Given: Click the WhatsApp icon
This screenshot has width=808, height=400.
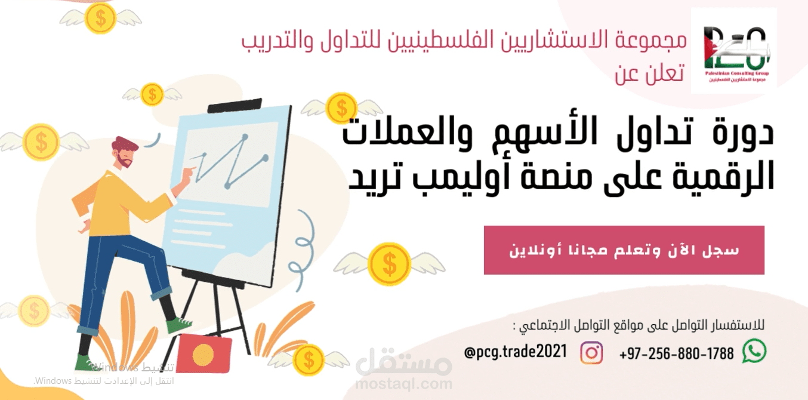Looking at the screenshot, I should (x=754, y=352).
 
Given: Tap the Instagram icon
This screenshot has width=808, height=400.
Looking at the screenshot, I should (x=591, y=352).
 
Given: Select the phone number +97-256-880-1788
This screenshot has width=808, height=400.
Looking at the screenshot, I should (x=676, y=353).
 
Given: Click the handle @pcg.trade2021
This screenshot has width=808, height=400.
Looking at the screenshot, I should (x=515, y=350).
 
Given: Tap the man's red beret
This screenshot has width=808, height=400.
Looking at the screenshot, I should (x=126, y=144).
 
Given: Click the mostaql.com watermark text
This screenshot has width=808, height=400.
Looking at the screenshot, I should (x=403, y=382).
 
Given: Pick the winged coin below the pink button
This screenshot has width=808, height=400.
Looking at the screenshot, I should (x=389, y=263).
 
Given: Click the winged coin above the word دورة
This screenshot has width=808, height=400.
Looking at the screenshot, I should (x=342, y=108).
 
